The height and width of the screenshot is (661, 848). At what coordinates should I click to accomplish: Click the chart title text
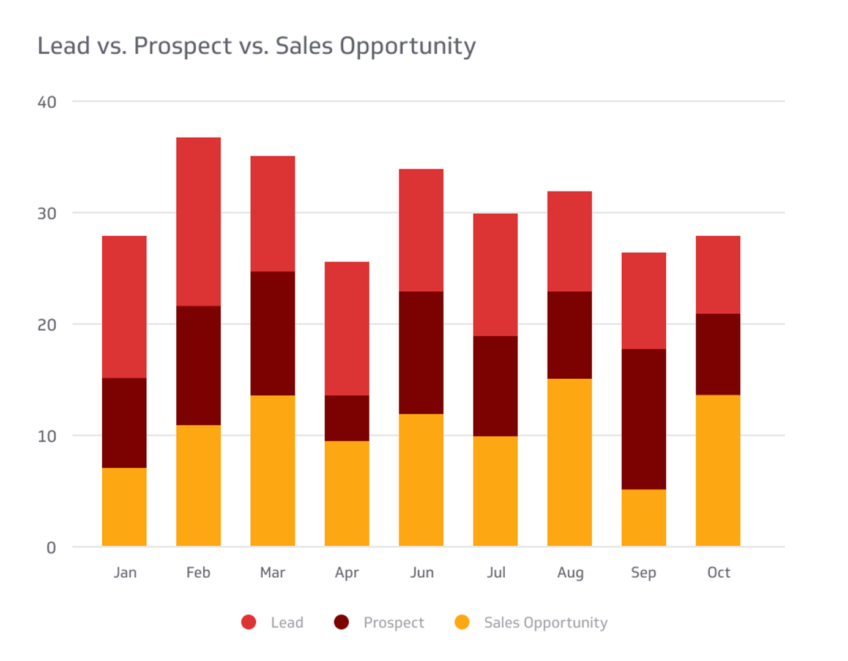pyautogui.click(x=256, y=46)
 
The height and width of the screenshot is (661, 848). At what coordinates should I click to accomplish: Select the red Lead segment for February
pyautogui.click(x=198, y=222)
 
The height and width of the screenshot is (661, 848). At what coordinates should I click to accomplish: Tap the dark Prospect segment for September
pyautogui.click(x=644, y=419)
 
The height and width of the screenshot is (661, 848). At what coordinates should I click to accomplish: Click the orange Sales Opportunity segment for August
pyautogui.click(x=570, y=462)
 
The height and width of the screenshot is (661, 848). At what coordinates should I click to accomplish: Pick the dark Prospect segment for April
pyautogui.click(x=347, y=418)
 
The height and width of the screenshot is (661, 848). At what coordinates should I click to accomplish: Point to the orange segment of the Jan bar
pyautogui.click(x=124, y=507)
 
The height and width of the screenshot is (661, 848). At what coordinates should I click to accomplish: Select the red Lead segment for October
pyautogui.click(x=718, y=275)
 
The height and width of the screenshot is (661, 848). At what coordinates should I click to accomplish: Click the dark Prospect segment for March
pyautogui.click(x=273, y=334)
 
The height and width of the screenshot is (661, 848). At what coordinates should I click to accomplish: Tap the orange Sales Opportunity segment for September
pyautogui.click(x=644, y=518)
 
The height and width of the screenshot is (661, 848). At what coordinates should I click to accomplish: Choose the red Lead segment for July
pyautogui.click(x=496, y=275)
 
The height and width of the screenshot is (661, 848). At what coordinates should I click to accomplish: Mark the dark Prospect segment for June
pyautogui.click(x=421, y=353)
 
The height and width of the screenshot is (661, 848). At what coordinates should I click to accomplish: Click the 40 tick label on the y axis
pyautogui.click(x=47, y=102)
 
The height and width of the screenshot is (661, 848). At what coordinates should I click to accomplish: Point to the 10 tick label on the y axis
pyautogui.click(x=47, y=436)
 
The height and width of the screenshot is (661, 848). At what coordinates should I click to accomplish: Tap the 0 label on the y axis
pyautogui.click(x=51, y=548)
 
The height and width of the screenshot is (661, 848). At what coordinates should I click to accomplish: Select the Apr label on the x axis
pyautogui.click(x=347, y=573)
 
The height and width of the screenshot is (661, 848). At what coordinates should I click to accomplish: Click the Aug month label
pyautogui.click(x=570, y=573)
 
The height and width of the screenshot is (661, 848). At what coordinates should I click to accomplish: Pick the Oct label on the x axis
pyautogui.click(x=718, y=573)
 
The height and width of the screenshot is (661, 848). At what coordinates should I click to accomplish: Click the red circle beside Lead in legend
pyautogui.click(x=249, y=622)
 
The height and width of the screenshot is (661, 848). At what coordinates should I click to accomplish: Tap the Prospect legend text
pyautogui.click(x=393, y=623)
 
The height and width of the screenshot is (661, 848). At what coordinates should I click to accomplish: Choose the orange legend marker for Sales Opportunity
pyautogui.click(x=463, y=622)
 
